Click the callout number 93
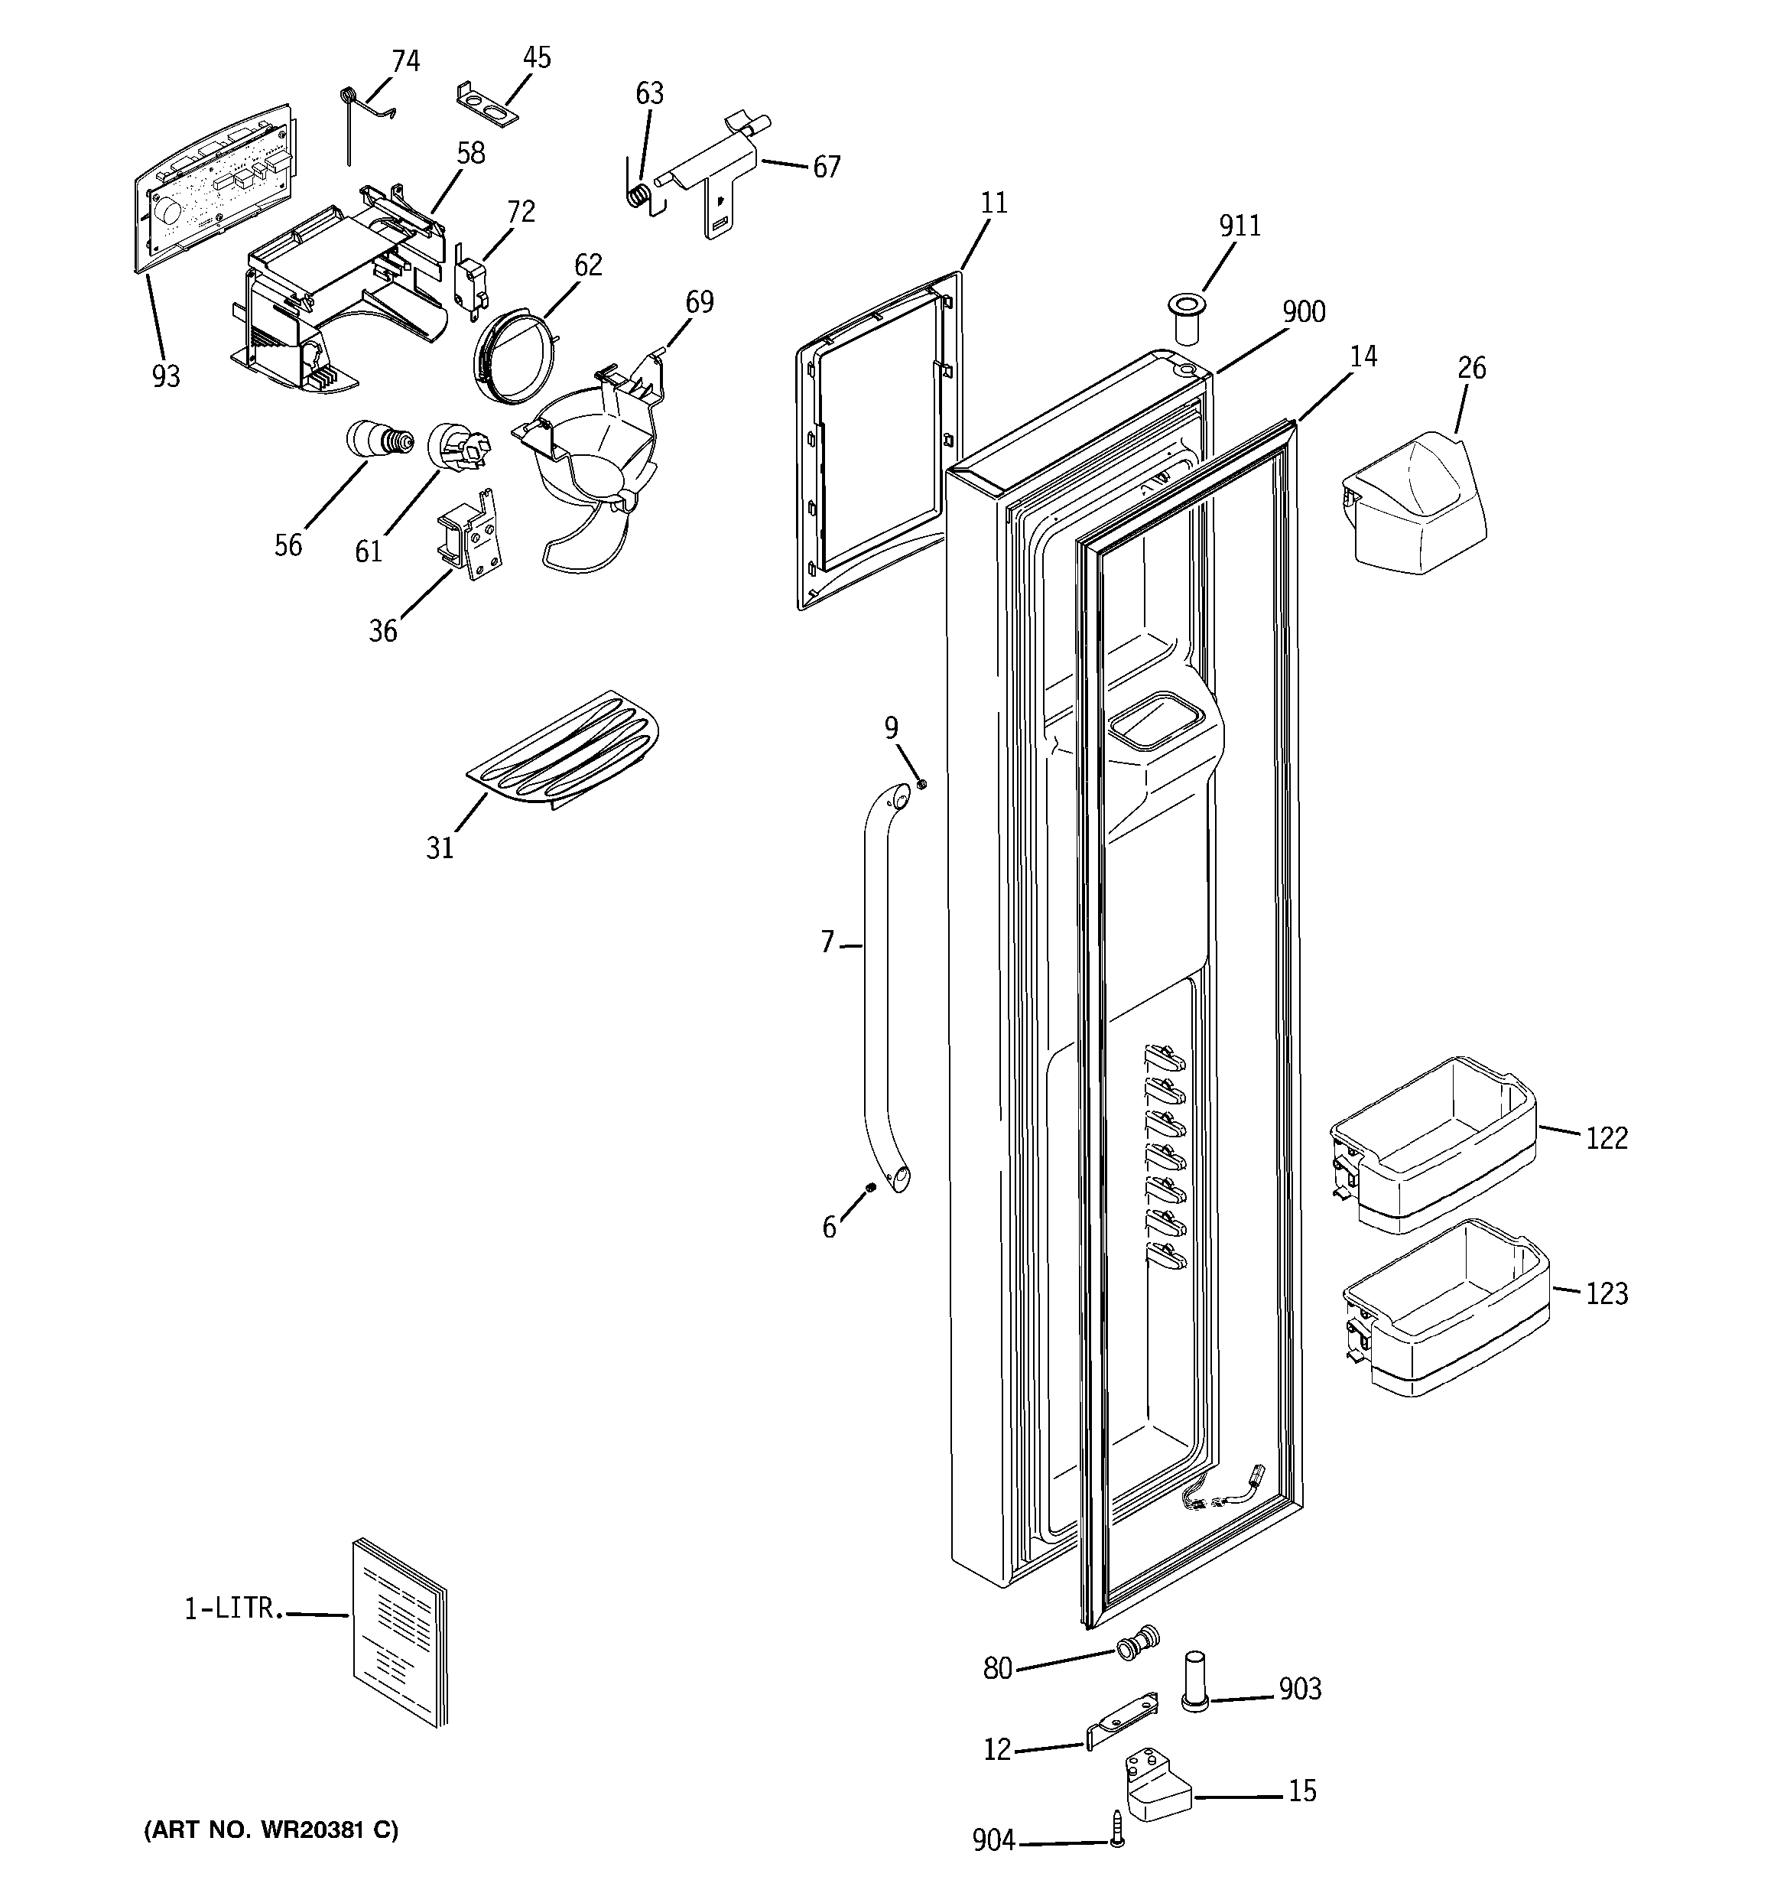166,377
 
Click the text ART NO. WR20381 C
271,1830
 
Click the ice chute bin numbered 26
1416,509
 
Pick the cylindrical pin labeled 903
1196,1691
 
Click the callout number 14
1363,356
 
